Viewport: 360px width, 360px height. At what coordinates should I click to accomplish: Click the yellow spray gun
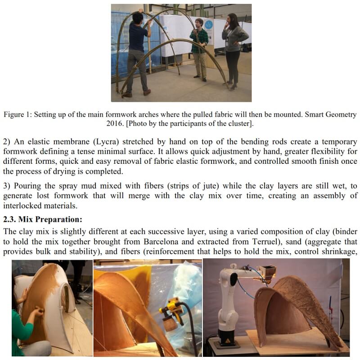(x=173, y=310)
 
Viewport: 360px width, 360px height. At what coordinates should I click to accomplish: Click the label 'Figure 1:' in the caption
(x=18, y=115)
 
